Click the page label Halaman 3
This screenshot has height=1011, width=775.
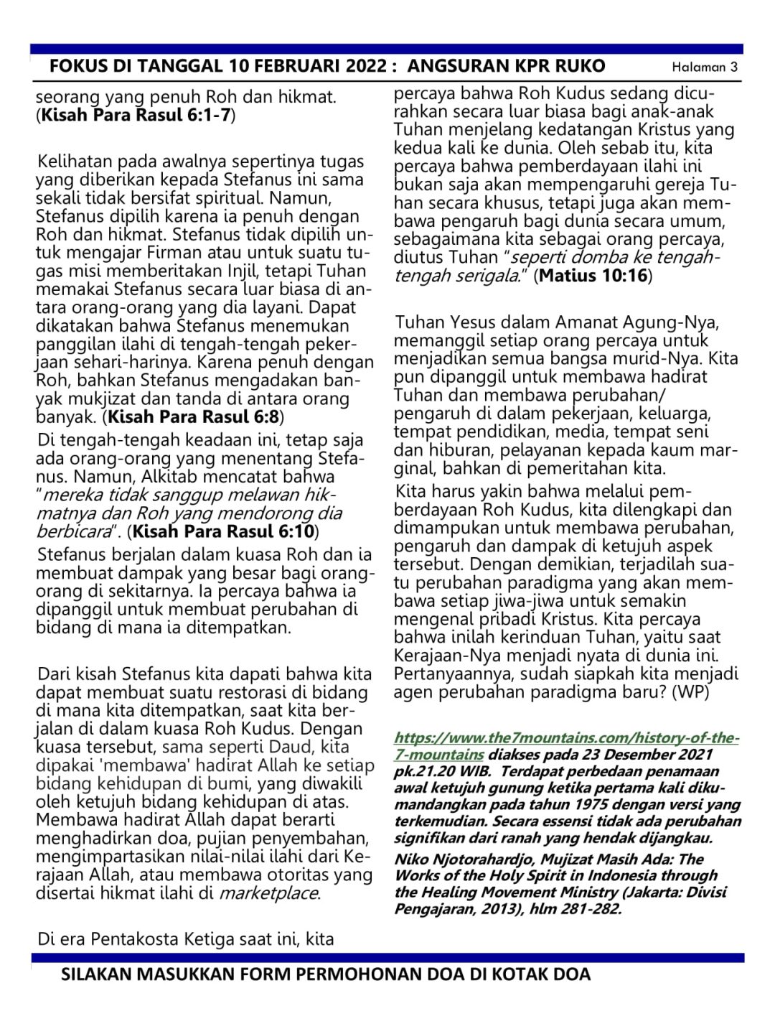(x=704, y=67)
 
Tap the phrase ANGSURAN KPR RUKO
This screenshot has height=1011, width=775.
(x=506, y=67)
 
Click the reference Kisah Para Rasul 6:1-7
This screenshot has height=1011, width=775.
(x=136, y=115)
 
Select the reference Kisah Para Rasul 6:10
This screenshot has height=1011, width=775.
(x=223, y=531)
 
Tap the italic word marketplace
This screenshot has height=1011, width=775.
(x=268, y=894)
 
